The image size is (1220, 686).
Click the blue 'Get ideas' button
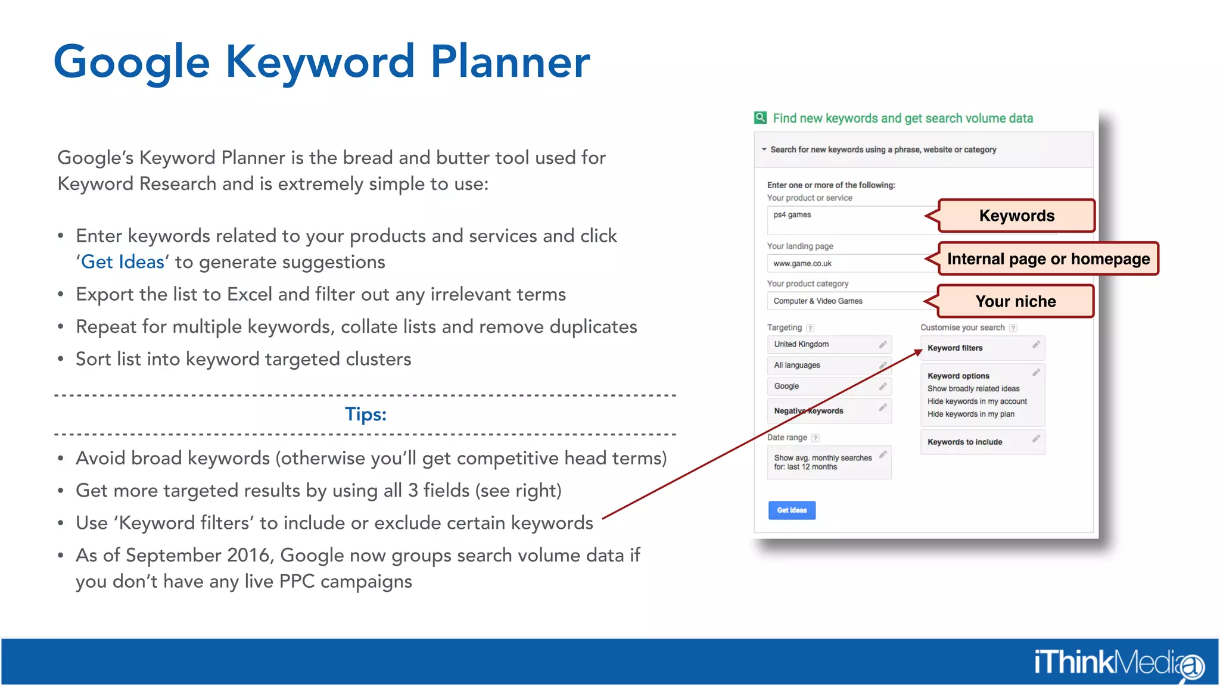coord(791,510)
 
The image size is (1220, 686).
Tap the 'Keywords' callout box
coord(1016,216)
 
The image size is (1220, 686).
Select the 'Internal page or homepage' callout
coord(1048,259)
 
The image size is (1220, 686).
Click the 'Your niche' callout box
coord(1015,301)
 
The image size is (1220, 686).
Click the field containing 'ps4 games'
coord(846,219)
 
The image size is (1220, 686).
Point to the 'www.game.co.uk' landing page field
coord(846,263)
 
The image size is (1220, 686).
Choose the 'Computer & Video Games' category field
coord(846,301)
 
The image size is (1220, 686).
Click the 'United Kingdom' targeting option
coord(829,344)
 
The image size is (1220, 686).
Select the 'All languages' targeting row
coord(829,365)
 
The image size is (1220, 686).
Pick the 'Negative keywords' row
coord(829,411)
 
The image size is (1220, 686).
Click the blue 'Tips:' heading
coord(365,414)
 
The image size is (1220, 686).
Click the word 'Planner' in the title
coord(510,62)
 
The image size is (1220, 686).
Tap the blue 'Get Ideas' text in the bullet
coord(123,262)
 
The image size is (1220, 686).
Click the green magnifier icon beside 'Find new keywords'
coord(761,118)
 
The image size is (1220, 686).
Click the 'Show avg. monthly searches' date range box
coord(829,462)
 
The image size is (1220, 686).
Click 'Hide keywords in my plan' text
coord(970,414)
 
